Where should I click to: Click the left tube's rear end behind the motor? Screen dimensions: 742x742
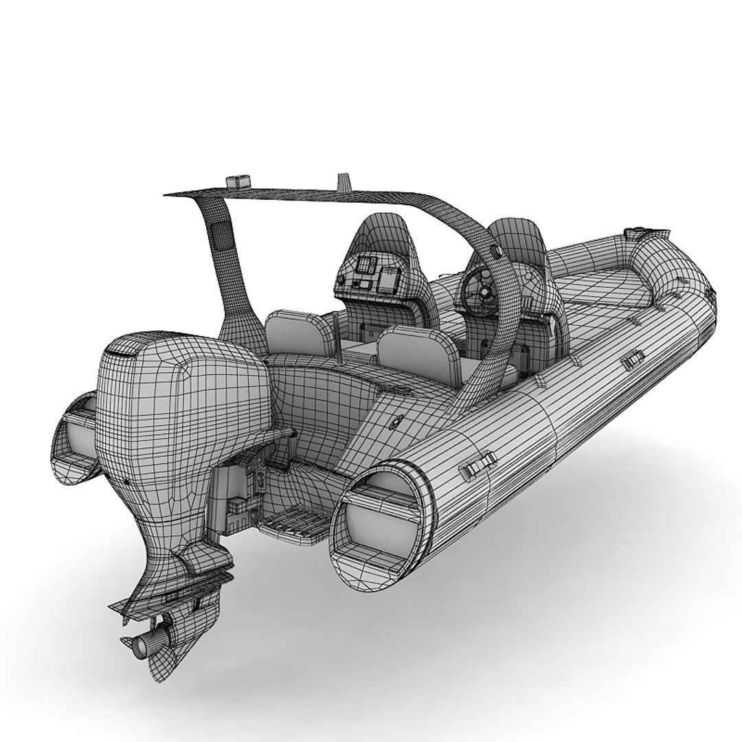coord(74,440)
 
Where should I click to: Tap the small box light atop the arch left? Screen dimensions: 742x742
coord(238,182)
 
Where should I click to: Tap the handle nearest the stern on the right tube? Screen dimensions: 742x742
coord(478,465)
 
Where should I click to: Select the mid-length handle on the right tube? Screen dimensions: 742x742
coord(633,359)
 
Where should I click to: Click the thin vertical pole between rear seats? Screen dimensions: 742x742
coord(338,337)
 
